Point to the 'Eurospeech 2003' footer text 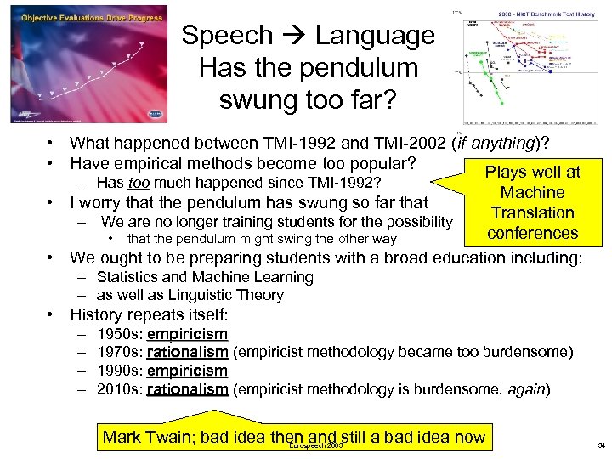tap(316, 445)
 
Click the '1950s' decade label tap(119, 334)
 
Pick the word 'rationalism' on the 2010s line tap(187, 390)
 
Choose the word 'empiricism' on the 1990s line tap(187, 371)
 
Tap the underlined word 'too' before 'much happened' tap(139, 183)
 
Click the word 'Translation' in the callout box tap(533, 212)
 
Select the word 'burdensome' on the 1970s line tap(529, 353)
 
